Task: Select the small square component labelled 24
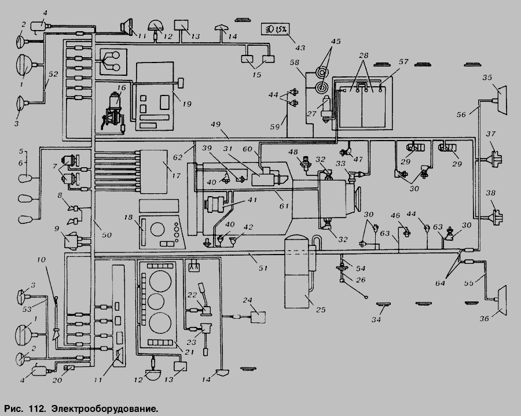(x=258, y=316)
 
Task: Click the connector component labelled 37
(x=493, y=158)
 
